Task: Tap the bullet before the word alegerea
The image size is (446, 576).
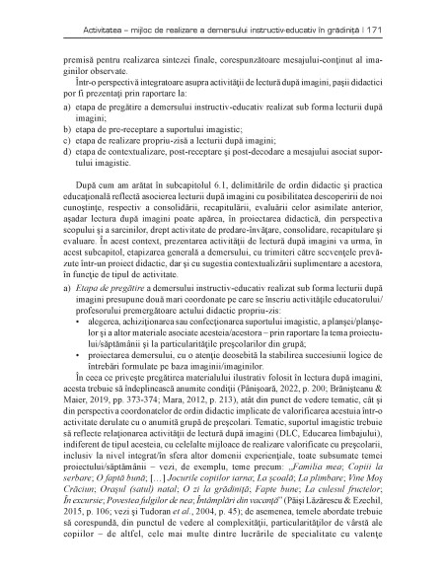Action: coord(80,348)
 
